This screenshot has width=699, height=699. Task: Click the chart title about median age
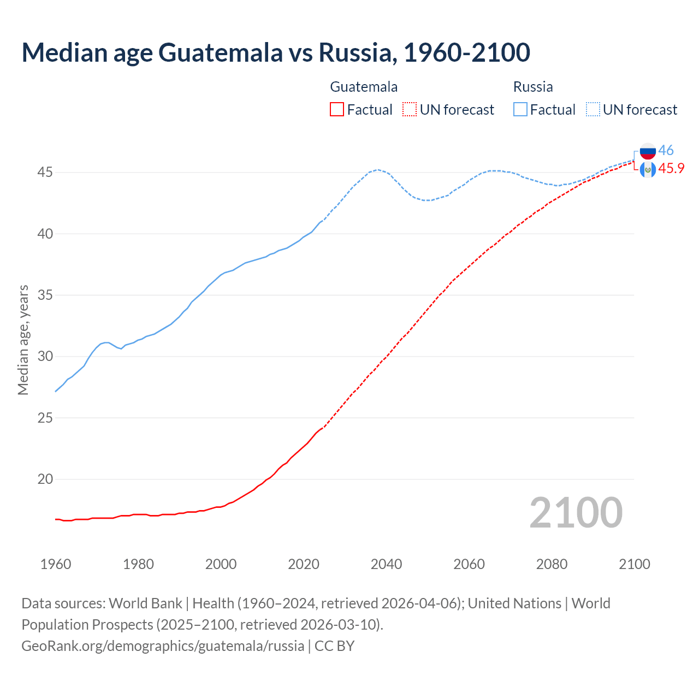276,52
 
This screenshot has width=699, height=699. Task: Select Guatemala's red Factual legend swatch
337,110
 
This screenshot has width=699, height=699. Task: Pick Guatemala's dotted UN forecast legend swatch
410,110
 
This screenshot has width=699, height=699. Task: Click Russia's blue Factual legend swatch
520,110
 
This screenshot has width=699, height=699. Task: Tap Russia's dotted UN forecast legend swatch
593,110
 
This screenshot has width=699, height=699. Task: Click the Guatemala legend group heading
364,87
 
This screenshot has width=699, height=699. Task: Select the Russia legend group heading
533,87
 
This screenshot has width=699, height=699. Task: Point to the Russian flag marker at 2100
648,151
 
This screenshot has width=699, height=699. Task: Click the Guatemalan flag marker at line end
648,169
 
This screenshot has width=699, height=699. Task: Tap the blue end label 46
666,150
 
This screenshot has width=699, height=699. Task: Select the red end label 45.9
671,168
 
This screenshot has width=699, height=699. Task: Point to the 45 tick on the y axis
45,173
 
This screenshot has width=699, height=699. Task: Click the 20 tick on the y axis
45,479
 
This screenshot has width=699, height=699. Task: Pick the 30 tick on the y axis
45,356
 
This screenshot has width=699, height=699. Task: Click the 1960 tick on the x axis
56,564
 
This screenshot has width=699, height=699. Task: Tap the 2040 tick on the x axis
386,564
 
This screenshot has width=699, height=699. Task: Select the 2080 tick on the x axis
552,564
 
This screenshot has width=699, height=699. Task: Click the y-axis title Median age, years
23,340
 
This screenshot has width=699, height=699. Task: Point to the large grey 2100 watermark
576,512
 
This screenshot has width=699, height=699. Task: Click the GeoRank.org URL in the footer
163,645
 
